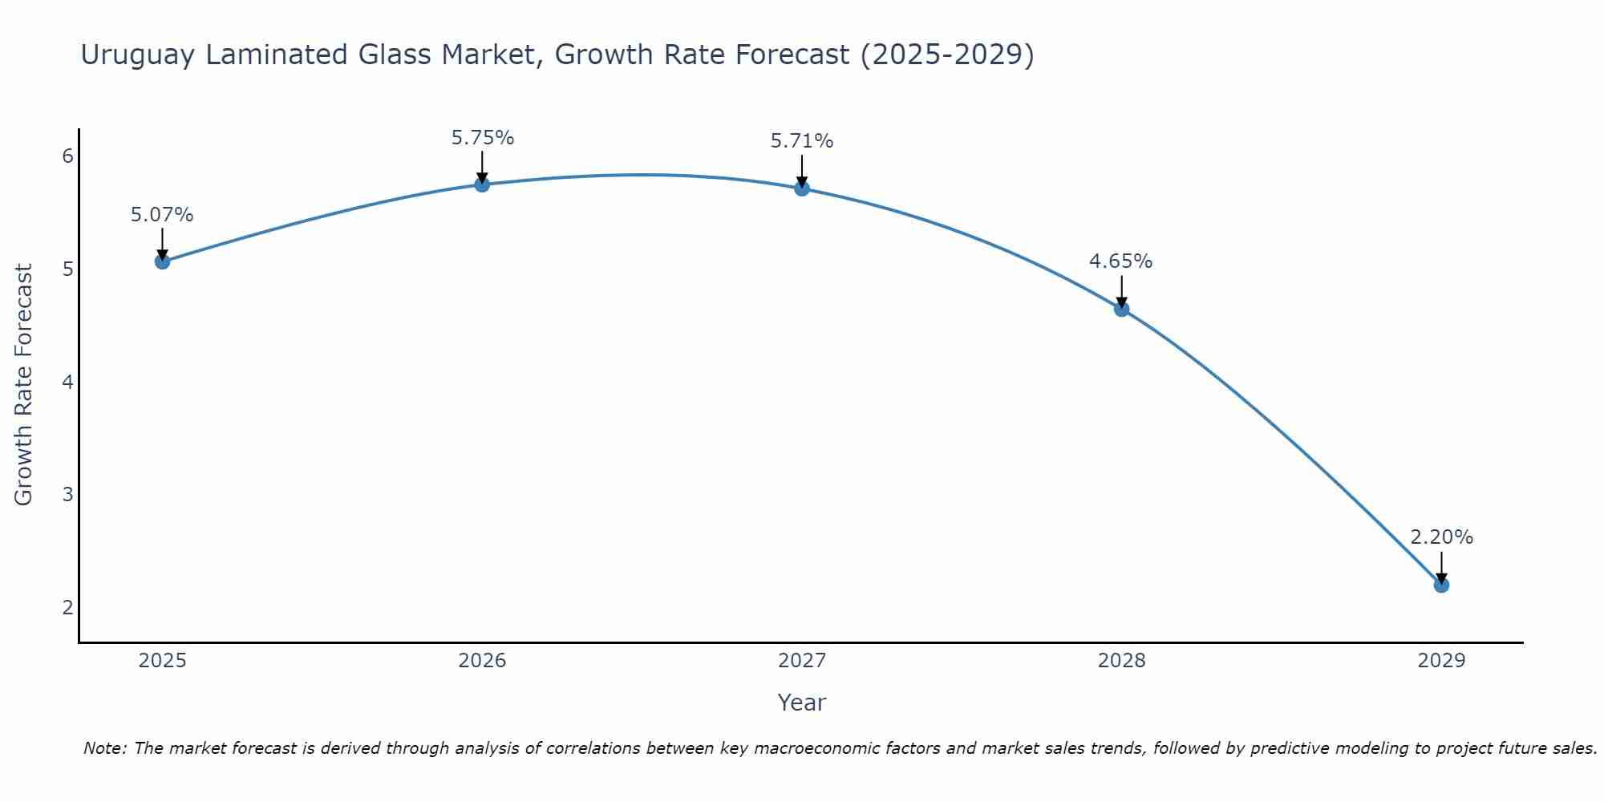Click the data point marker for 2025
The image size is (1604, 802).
(162, 261)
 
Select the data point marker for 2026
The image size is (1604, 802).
(482, 184)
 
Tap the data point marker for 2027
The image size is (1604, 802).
(802, 188)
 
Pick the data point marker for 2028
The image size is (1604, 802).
(1121, 309)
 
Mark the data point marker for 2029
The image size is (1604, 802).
(1441, 585)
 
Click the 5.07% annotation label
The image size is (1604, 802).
(162, 215)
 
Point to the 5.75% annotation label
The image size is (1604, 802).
(482, 138)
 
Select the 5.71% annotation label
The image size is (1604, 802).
(802, 141)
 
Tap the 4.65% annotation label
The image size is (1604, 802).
(1120, 261)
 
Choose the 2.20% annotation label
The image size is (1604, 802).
(1441, 537)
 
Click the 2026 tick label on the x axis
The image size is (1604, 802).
(482, 661)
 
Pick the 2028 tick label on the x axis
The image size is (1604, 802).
(1121, 661)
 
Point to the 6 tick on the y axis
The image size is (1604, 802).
(68, 156)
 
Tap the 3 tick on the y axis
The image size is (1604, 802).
(68, 494)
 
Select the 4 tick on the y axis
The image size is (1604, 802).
(68, 382)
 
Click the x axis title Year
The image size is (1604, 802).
(801, 703)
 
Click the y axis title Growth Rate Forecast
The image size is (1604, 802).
(24, 385)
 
